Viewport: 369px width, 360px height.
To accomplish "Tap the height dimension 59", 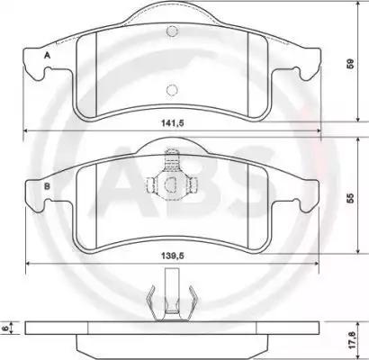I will coord(351,65).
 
